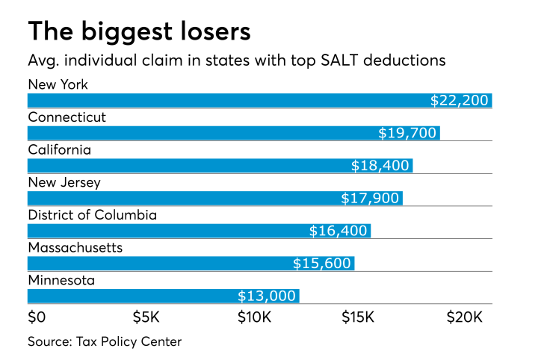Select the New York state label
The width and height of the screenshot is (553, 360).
pyautogui.click(x=58, y=84)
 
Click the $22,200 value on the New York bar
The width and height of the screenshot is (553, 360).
pyautogui.click(x=460, y=101)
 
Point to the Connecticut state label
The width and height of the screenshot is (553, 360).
pyautogui.click(x=67, y=117)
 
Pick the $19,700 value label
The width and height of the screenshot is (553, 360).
pyautogui.click(x=407, y=133)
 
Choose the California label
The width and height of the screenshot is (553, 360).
pyautogui.click(x=60, y=149)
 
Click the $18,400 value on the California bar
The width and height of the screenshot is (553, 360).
pyautogui.click(x=380, y=166)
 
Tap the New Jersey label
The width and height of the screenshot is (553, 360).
pyautogui.click(x=64, y=182)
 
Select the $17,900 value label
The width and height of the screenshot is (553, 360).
pyautogui.click(x=370, y=199)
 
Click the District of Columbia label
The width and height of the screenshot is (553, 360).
pyautogui.click(x=92, y=215)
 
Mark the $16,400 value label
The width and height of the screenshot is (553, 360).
pyautogui.click(x=339, y=231)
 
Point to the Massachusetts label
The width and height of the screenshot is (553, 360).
pyautogui.click(x=75, y=247)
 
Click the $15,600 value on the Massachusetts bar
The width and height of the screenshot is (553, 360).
pyautogui.click(x=321, y=264)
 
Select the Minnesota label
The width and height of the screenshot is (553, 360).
pyautogui.click(x=61, y=280)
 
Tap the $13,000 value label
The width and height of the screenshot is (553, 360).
pyautogui.click(x=267, y=297)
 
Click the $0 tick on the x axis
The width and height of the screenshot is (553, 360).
pyautogui.click(x=37, y=317)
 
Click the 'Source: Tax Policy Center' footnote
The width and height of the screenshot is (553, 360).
pyautogui.click(x=105, y=342)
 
